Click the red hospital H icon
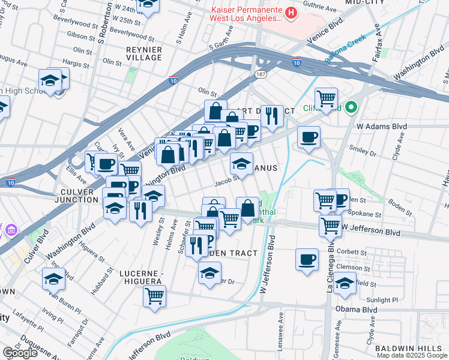click(291, 12)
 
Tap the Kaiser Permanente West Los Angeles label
click(246, 14)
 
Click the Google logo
click(20, 353)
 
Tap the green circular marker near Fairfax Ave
click(351, 108)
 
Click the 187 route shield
click(260, 74)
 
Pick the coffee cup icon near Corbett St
click(307, 260)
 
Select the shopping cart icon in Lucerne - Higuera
click(154, 295)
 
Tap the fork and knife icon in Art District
click(272, 116)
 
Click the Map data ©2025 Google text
click(412, 355)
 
